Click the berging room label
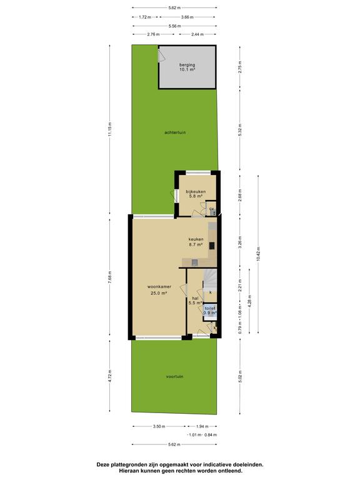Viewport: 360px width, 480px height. point(187,65)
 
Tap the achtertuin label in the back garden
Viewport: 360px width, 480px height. point(175,132)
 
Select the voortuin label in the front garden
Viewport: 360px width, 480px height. point(175,376)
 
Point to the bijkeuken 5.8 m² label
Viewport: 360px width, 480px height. point(196,194)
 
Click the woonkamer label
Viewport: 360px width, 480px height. point(159,287)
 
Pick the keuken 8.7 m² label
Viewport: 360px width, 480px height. point(196,242)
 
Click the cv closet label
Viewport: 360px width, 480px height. point(211,209)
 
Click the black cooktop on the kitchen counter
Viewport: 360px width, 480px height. point(212,246)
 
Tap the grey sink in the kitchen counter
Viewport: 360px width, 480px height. point(194,262)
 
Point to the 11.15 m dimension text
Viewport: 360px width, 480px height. point(110,130)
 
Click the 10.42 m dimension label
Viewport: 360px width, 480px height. point(258,254)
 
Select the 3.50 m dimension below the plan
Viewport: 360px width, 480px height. point(159,426)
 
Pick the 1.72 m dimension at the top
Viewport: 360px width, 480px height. point(145,17)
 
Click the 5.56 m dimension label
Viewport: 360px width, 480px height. point(174,26)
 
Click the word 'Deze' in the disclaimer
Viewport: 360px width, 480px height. point(102,464)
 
